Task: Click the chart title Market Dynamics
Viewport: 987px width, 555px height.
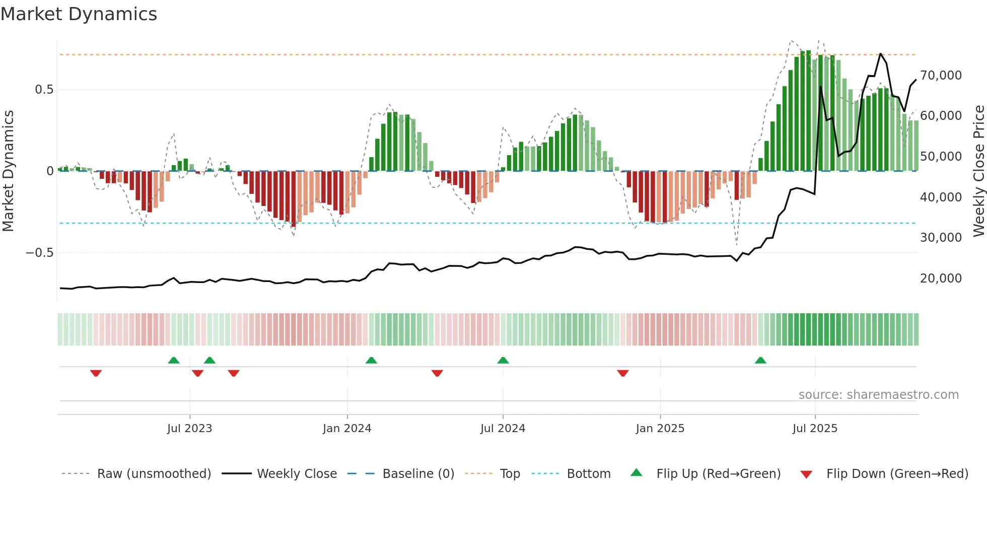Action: click(x=79, y=14)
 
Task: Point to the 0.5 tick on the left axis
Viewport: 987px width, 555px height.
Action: click(x=44, y=90)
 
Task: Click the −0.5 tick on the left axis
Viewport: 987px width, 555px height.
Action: click(x=40, y=252)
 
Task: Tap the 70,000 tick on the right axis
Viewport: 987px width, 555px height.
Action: click(x=941, y=76)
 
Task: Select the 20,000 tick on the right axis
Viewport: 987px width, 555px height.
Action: click(x=941, y=278)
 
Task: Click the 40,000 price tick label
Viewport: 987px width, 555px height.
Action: click(x=941, y=197)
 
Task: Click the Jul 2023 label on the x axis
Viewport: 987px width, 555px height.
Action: click(x=190, y=429)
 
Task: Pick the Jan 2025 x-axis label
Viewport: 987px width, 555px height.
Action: click(x=660, y=429)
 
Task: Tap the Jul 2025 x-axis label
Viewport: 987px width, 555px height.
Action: click(x=815, y=429)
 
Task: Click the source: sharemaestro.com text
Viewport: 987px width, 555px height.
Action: click(x=878, y=395)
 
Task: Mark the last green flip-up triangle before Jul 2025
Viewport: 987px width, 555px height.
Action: click(x=760, y=360)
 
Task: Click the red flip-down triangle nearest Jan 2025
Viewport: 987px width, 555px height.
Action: click(x=623, y=373)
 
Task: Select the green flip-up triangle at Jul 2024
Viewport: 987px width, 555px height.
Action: click(x=503, y=360)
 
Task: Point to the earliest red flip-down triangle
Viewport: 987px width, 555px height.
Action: click(x=96, y=373)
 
